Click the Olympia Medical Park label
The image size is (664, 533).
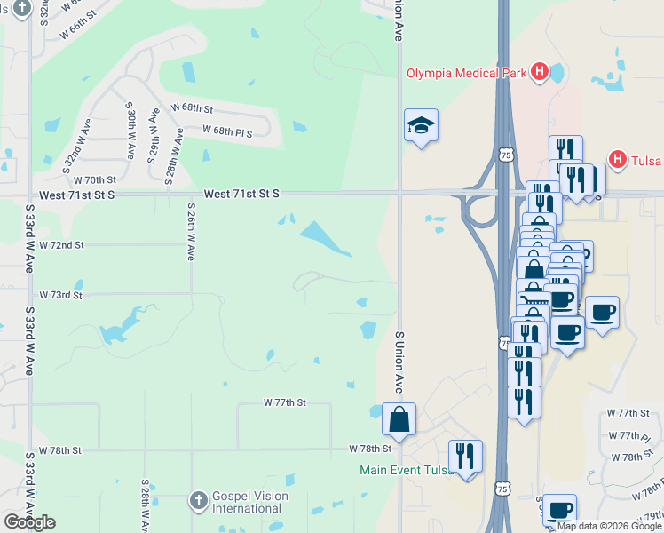point(468,73)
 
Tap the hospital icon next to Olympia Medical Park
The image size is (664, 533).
point(539,72)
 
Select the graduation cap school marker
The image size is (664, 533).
point(422,126)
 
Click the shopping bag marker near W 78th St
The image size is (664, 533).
point(399,420)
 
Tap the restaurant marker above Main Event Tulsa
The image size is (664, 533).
point(465,457)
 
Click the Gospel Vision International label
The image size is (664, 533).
point(247,502)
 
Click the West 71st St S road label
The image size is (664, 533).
point(241,193)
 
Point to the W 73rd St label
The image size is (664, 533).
point(61,294)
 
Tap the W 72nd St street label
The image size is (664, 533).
point(62,244)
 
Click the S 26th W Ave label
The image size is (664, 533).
point(191,231)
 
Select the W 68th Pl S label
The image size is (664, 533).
point(227,131)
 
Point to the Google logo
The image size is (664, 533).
point(29,522)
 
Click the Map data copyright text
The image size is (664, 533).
point(608,526)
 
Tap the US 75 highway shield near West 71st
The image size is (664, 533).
point(505,155)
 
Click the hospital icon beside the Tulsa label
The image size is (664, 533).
point(618,160)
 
